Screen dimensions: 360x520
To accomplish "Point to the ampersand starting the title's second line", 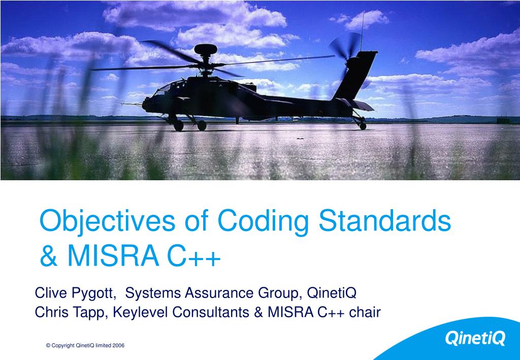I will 49,256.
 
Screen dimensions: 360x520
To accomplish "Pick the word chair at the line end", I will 365,312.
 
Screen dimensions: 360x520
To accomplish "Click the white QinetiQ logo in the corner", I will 475,337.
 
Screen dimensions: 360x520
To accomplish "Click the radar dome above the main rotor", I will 206,49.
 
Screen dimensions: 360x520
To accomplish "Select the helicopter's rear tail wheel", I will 363,125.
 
